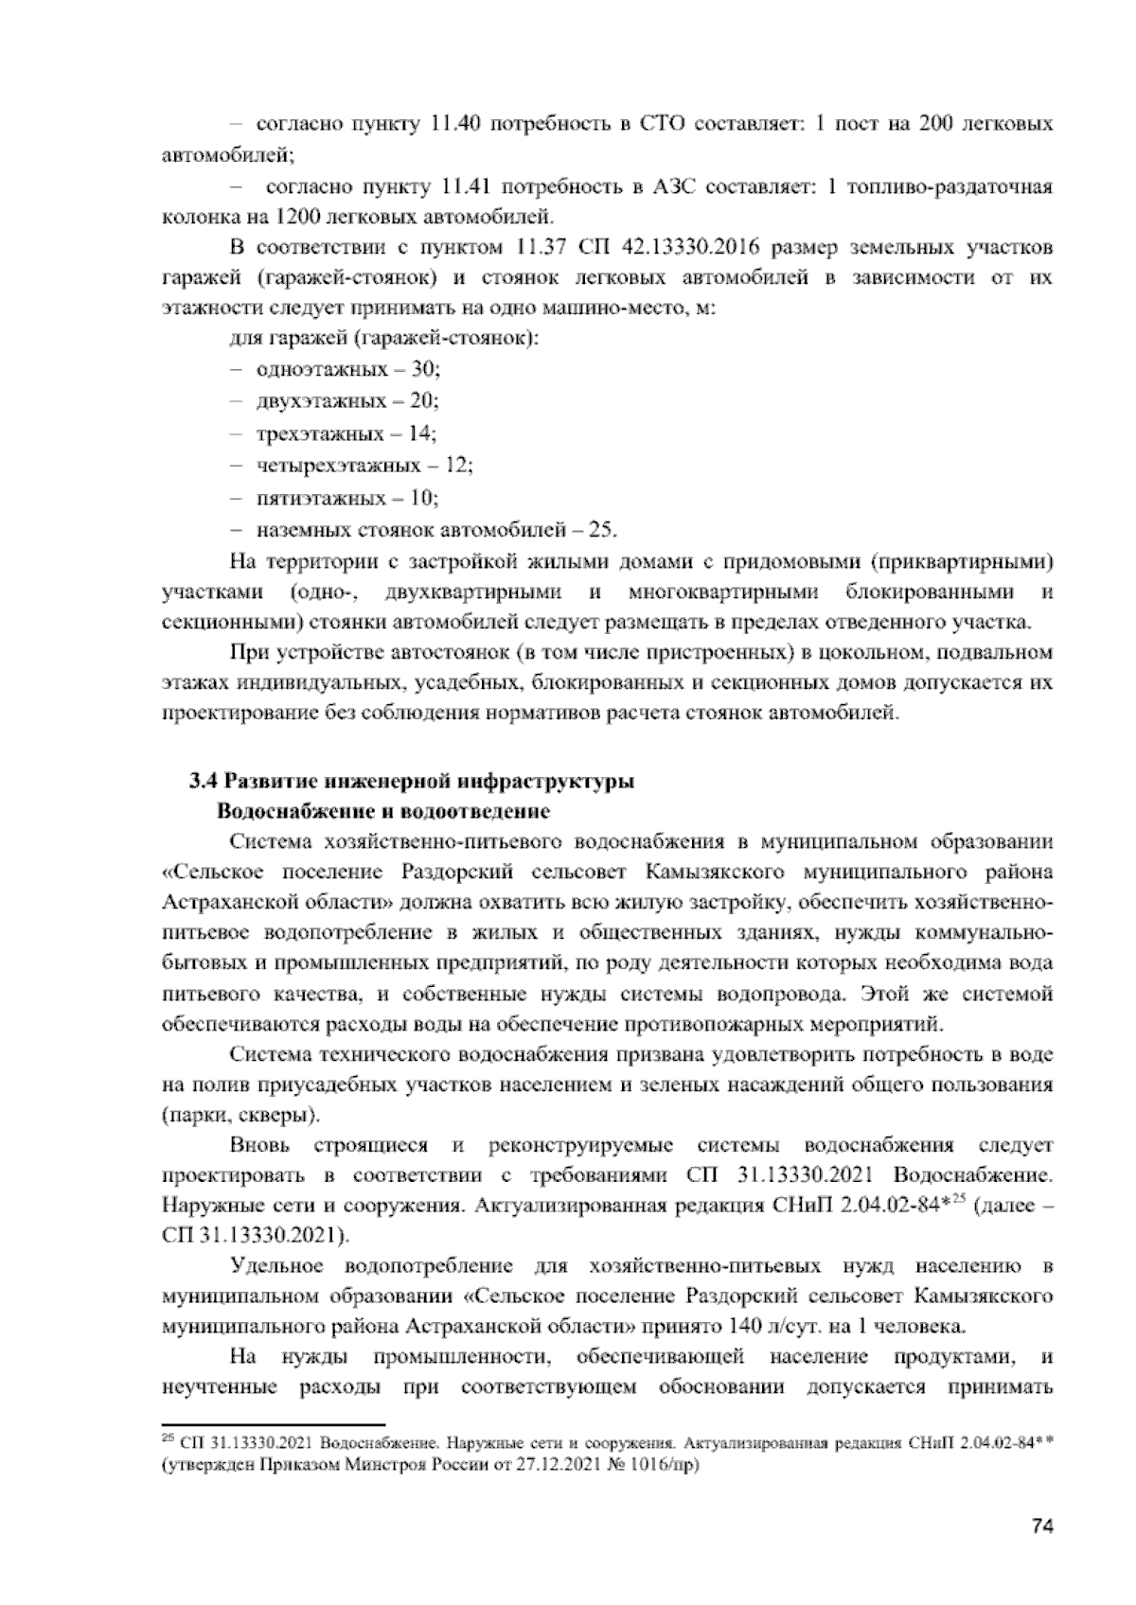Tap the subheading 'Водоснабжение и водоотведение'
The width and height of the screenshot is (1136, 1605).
tap(383, 812)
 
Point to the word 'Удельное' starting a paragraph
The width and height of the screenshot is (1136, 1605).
tap(277, 1266)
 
